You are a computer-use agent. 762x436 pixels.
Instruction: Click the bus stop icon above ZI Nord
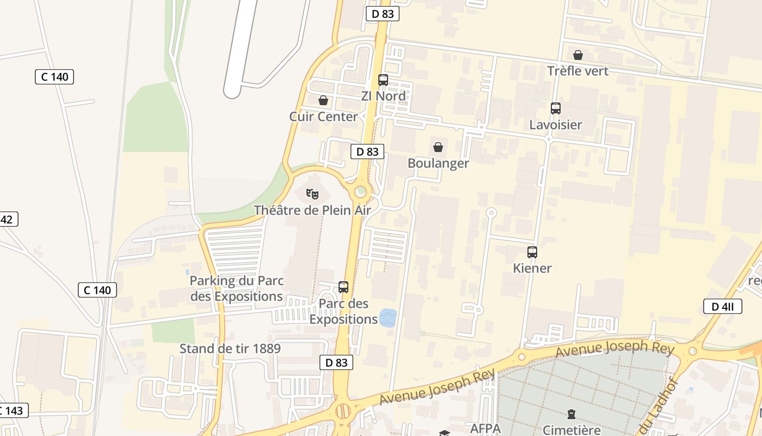tap(383, 80)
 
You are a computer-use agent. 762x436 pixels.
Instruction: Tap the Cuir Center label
tap(323, 117)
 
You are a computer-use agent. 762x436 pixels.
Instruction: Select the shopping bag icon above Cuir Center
tap(323, 100)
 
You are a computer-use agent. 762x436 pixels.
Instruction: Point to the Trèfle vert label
tap(577, 71)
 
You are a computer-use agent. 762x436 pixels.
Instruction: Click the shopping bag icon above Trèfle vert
tap(577, 55)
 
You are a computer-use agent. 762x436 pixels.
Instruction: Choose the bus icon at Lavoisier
tap(555, 108)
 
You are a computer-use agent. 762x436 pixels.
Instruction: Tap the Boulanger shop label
tap(438, 163)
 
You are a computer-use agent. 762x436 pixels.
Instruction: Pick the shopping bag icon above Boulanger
tap(438, 147)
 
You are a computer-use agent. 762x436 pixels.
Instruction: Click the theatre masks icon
tap(312, 193)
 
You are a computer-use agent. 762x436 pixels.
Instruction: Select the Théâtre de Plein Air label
tap(312, 210)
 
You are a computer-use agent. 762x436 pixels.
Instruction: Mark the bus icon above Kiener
tap(532, 252)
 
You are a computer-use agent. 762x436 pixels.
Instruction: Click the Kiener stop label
tap(532, 268)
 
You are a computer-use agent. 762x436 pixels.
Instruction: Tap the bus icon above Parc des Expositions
tap(343, 287)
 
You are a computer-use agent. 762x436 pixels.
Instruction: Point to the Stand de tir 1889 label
tap(230, 349)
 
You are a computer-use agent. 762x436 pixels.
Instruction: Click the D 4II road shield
tap(722, 306)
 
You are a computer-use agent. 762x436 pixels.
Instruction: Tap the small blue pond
tap(388, 317)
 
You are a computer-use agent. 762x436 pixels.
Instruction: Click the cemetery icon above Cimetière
tap(571, 414)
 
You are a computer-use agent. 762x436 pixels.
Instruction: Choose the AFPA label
tap(485, 428)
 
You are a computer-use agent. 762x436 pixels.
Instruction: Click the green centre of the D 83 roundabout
tap(360, 191)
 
